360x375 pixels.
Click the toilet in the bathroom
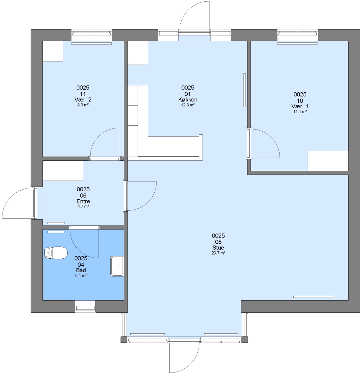pyautogui.click(x=55, y=253)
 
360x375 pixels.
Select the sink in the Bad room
pyautogui.click(x=117, y=266)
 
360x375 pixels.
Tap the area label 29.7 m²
pyautogui.click(x=218, y=253)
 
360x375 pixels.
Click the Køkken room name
pyautogui.click(x=188, y=100)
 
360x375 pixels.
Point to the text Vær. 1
pyautogui.click(x=300, y=107)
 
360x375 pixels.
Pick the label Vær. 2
pyautogui.click(x=83, y=100)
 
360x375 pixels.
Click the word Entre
pyautogui.click(x=83, y=201)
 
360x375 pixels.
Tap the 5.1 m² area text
pyautogui.click(x=81, y=276)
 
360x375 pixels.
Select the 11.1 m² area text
pyautogui.click(x=300, y=112)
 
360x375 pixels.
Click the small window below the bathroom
pyautogui.click(x=85, y=306)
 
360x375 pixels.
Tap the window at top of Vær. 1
pyautogui.click(x=298, y=35)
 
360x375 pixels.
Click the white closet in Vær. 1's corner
pyautogui.click(x=328, y=161)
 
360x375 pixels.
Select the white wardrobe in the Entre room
pyautogui.click(x=63, y=170)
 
